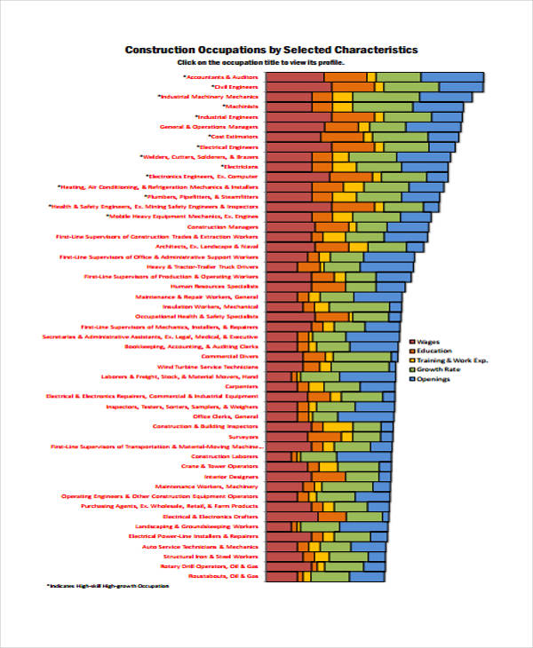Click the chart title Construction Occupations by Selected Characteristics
(271, 50)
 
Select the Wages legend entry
(426, 341)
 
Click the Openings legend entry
(433, 379)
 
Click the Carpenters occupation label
(242, 386)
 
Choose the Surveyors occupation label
(243, 436)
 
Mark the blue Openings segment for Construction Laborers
(363, 456)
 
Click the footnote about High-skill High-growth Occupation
(107, 586)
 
